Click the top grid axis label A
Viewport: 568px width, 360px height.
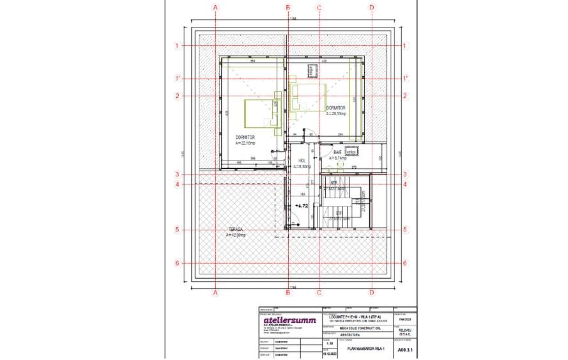point(216,7)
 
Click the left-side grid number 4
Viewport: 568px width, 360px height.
point(179,185)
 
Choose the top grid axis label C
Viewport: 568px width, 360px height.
point(319,7)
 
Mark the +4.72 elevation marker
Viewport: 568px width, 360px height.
point(302,207)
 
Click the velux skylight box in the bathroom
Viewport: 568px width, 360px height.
point(351,152)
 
